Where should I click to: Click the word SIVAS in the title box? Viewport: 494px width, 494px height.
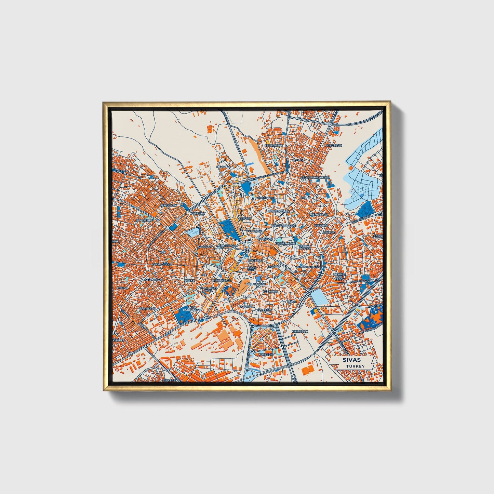[352, 360]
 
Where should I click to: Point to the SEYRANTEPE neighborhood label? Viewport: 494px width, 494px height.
[274, 145]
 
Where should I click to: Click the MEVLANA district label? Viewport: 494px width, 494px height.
[224, 167]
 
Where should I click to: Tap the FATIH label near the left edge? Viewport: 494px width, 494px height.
[119, 170]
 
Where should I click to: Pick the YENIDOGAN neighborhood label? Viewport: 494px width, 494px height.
[169, 205]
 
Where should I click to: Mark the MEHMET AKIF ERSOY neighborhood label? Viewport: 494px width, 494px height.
[340, 276]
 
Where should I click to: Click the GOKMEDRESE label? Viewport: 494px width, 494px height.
[256, 284]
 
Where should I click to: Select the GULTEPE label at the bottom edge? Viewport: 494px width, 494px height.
[169, 380]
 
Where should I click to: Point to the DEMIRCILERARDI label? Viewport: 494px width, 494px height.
[307, 266]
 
